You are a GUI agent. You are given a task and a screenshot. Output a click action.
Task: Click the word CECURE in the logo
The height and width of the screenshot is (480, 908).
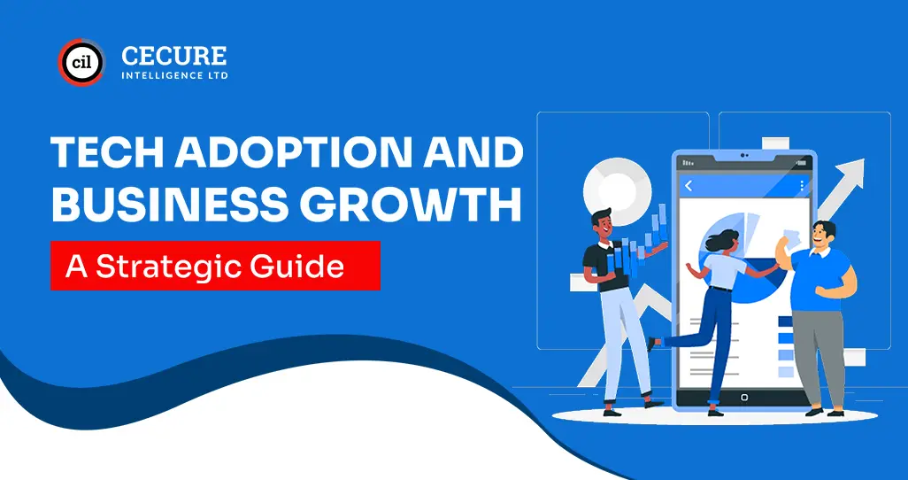click(x=173, y=57)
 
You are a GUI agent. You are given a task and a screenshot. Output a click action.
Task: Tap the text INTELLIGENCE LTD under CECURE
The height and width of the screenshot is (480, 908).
click(x=173, y=76)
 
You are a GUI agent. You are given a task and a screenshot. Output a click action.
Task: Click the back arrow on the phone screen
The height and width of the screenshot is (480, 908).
click(x=689, y=186)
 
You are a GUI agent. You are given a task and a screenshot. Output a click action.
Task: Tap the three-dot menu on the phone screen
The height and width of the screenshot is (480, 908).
click(x=802, y=186)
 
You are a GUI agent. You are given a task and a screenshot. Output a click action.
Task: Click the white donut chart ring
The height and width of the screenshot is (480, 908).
click(x=617, y=187)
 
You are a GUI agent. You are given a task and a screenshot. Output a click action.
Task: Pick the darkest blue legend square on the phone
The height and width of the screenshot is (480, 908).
click(x=787, y=321)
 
